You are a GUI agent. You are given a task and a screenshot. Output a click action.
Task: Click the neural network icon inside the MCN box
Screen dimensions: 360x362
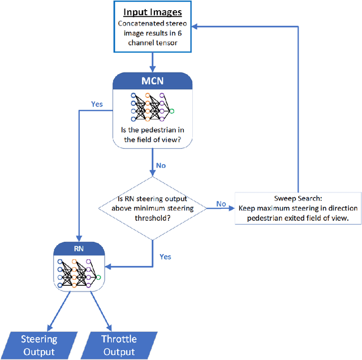tap(152, 106)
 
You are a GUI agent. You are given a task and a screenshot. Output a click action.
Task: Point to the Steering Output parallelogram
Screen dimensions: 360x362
tap(39, 345)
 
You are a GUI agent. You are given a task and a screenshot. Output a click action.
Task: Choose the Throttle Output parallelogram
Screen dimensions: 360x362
tap(119, 345)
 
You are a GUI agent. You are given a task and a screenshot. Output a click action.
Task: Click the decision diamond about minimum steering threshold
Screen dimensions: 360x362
tap(152, 209)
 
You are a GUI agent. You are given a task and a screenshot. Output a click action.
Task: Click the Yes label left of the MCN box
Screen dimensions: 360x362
tap(97, 104)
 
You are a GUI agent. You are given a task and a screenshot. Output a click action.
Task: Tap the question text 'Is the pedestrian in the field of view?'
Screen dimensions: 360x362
tap(152, 135)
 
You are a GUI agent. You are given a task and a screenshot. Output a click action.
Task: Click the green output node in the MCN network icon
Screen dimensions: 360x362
tap(171, 111)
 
